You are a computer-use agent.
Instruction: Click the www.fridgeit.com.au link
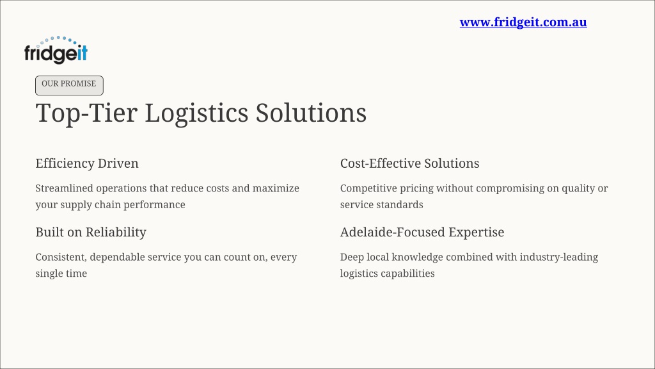[x=523, y=22]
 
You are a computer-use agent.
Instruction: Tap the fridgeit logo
[x=56, y=50]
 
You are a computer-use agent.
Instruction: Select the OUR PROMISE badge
[x=69, y=85]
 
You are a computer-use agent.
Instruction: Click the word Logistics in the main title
[x=196, y=113]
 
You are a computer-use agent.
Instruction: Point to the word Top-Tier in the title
[x=86, y=113]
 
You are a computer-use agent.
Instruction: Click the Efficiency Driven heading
[x=87, y=163]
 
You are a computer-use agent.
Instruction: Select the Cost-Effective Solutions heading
[x=409, y=163]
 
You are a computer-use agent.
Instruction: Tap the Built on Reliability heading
[x=91, y=232]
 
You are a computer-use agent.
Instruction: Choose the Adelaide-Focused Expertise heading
[x=422, y=232]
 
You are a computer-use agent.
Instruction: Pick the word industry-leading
[x=559, y=258]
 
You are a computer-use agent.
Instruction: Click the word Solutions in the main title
[x=312, y=113]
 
